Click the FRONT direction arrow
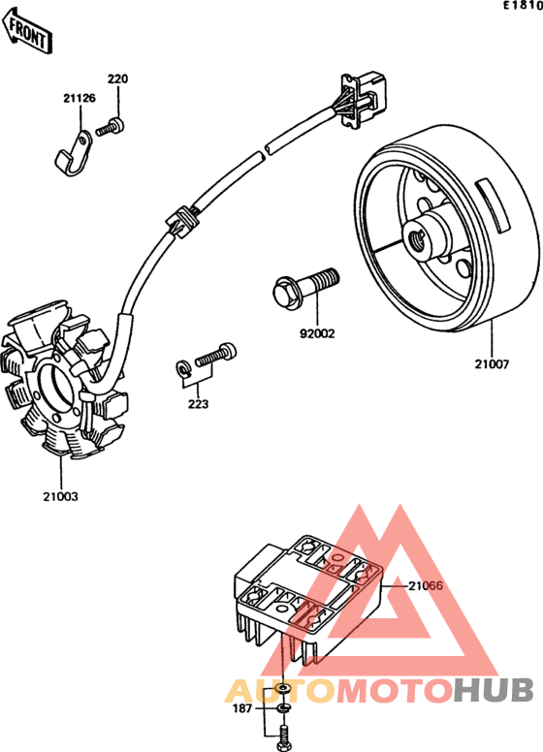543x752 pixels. [x=28, y=31]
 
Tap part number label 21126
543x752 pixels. [x=80, y=98]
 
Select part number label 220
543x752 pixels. [x=117, y=78]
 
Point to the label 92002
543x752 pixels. [x=317, y=333]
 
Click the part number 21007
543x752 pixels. [x=493, y=364]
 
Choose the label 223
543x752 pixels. [x=198, y=404]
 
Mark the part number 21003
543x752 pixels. [x=60, y=496]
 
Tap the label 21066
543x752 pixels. [x=426, y=585]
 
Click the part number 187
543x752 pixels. [x=242, y=707]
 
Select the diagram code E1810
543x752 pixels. [x=523, y=5]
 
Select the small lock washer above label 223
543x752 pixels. [x=183, y=369]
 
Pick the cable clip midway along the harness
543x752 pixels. [x=181, y=220]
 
